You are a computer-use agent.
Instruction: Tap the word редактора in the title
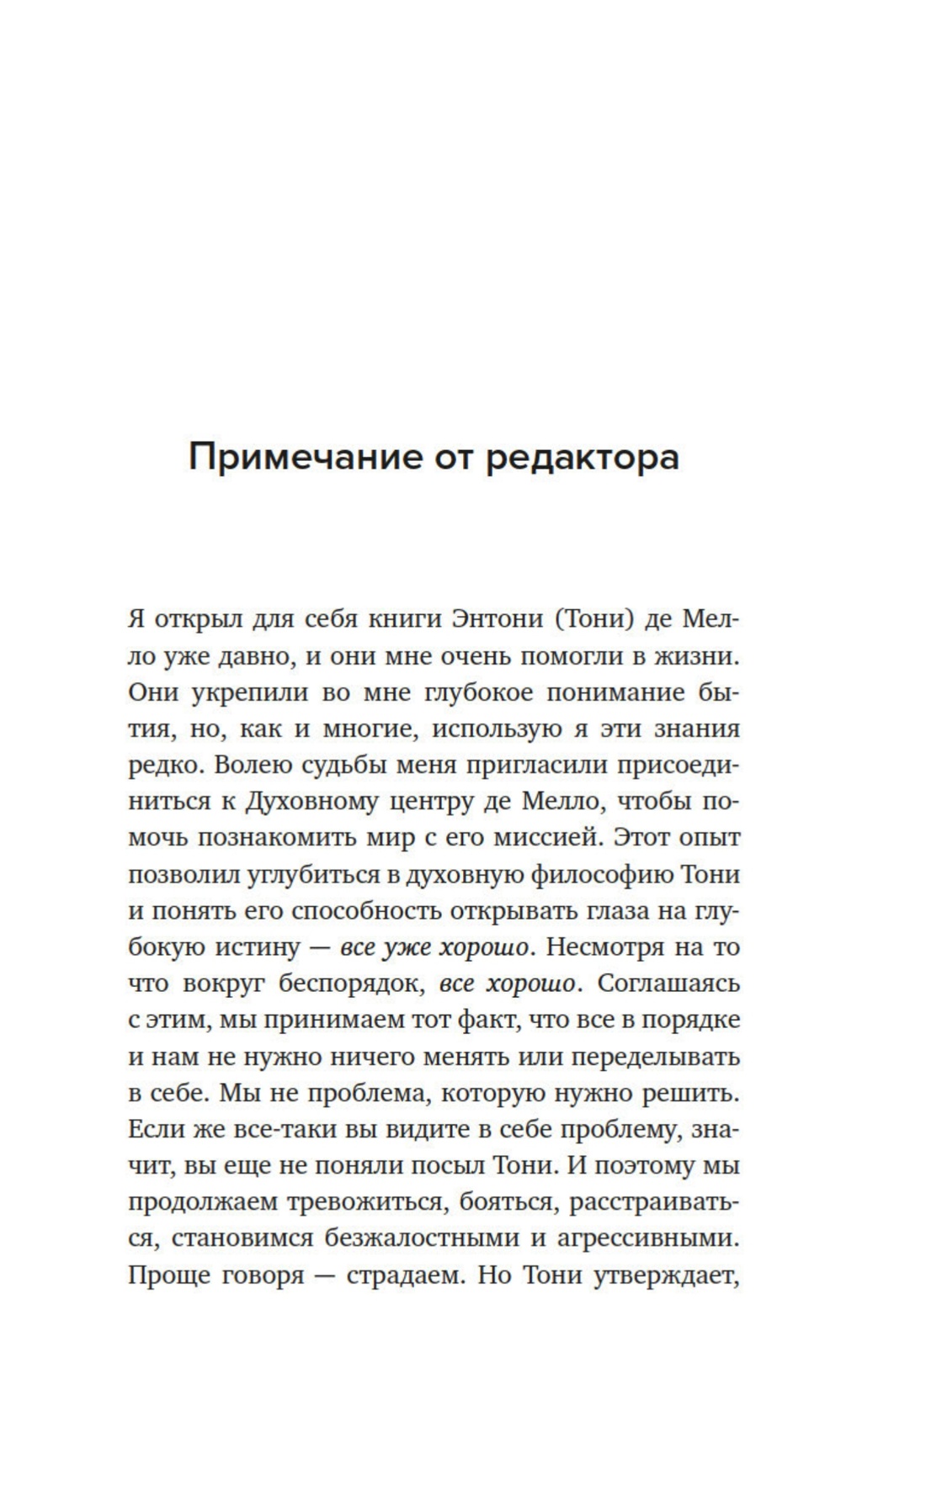(x=582, y=459)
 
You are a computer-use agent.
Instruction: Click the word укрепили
(x=248, y=692)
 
